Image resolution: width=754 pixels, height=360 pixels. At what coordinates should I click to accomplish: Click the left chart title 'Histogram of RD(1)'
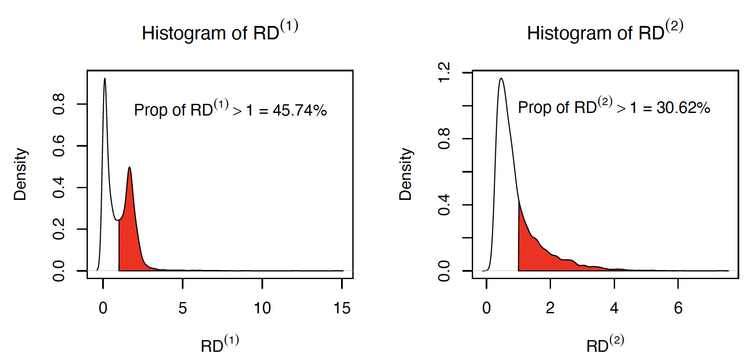219,32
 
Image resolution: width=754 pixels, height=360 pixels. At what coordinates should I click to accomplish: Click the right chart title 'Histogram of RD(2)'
605,32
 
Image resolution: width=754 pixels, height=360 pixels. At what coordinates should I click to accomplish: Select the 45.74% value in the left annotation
300,110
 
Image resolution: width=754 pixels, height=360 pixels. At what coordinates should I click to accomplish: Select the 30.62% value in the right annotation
683,108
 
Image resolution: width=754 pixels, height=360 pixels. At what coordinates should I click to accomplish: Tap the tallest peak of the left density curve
105,80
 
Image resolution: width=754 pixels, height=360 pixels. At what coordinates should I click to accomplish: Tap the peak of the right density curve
501,80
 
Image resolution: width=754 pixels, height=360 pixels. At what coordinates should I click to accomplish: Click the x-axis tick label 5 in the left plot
183,308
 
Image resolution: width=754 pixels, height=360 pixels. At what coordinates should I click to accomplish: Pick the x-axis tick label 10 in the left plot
262,308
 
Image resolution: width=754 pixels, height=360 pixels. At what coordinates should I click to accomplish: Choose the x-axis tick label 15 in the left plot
342,308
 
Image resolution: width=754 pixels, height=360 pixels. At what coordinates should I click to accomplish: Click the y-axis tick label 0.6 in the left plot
59,146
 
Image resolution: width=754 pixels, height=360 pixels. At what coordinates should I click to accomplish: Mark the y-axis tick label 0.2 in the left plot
59,229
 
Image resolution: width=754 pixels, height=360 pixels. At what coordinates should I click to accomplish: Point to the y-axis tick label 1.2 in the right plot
444,72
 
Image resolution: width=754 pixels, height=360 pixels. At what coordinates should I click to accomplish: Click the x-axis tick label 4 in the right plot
614,308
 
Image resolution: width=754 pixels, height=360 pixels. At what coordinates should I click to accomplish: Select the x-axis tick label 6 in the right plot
678,308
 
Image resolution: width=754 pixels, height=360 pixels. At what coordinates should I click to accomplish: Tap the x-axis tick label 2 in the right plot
550,308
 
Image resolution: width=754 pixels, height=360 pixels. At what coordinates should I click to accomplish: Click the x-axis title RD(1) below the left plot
219,344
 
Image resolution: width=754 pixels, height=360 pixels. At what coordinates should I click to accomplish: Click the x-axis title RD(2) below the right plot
605,344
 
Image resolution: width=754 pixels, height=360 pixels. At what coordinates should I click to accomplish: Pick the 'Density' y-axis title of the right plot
406,174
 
